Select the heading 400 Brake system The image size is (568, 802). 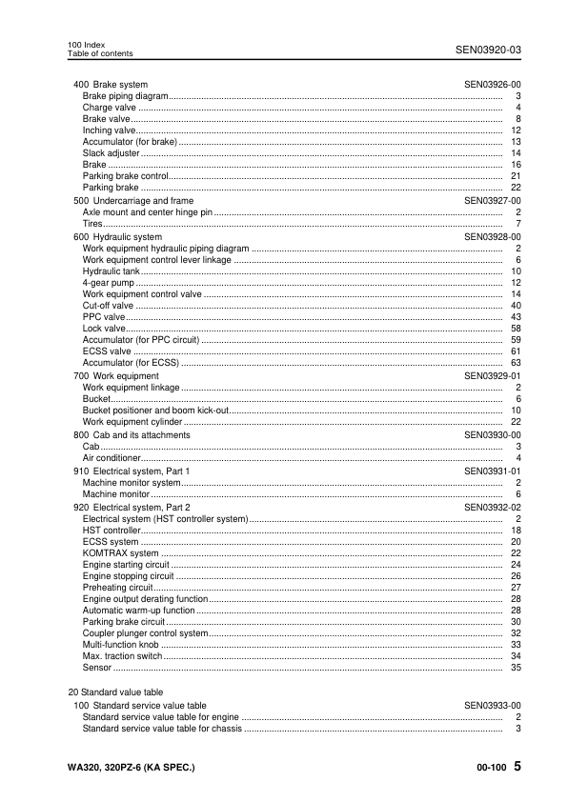(x=111, y=85)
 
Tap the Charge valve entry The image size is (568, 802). (x=110, y=108)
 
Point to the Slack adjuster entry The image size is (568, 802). (x=112, y=153)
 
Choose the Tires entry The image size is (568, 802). (x=93, y=225)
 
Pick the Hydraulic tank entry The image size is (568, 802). (x=111, y=271)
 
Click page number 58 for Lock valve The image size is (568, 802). (x=516, y=329)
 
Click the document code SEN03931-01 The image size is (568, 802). (x=493, y=471)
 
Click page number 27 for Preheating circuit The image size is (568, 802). (x=516, y=588)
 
